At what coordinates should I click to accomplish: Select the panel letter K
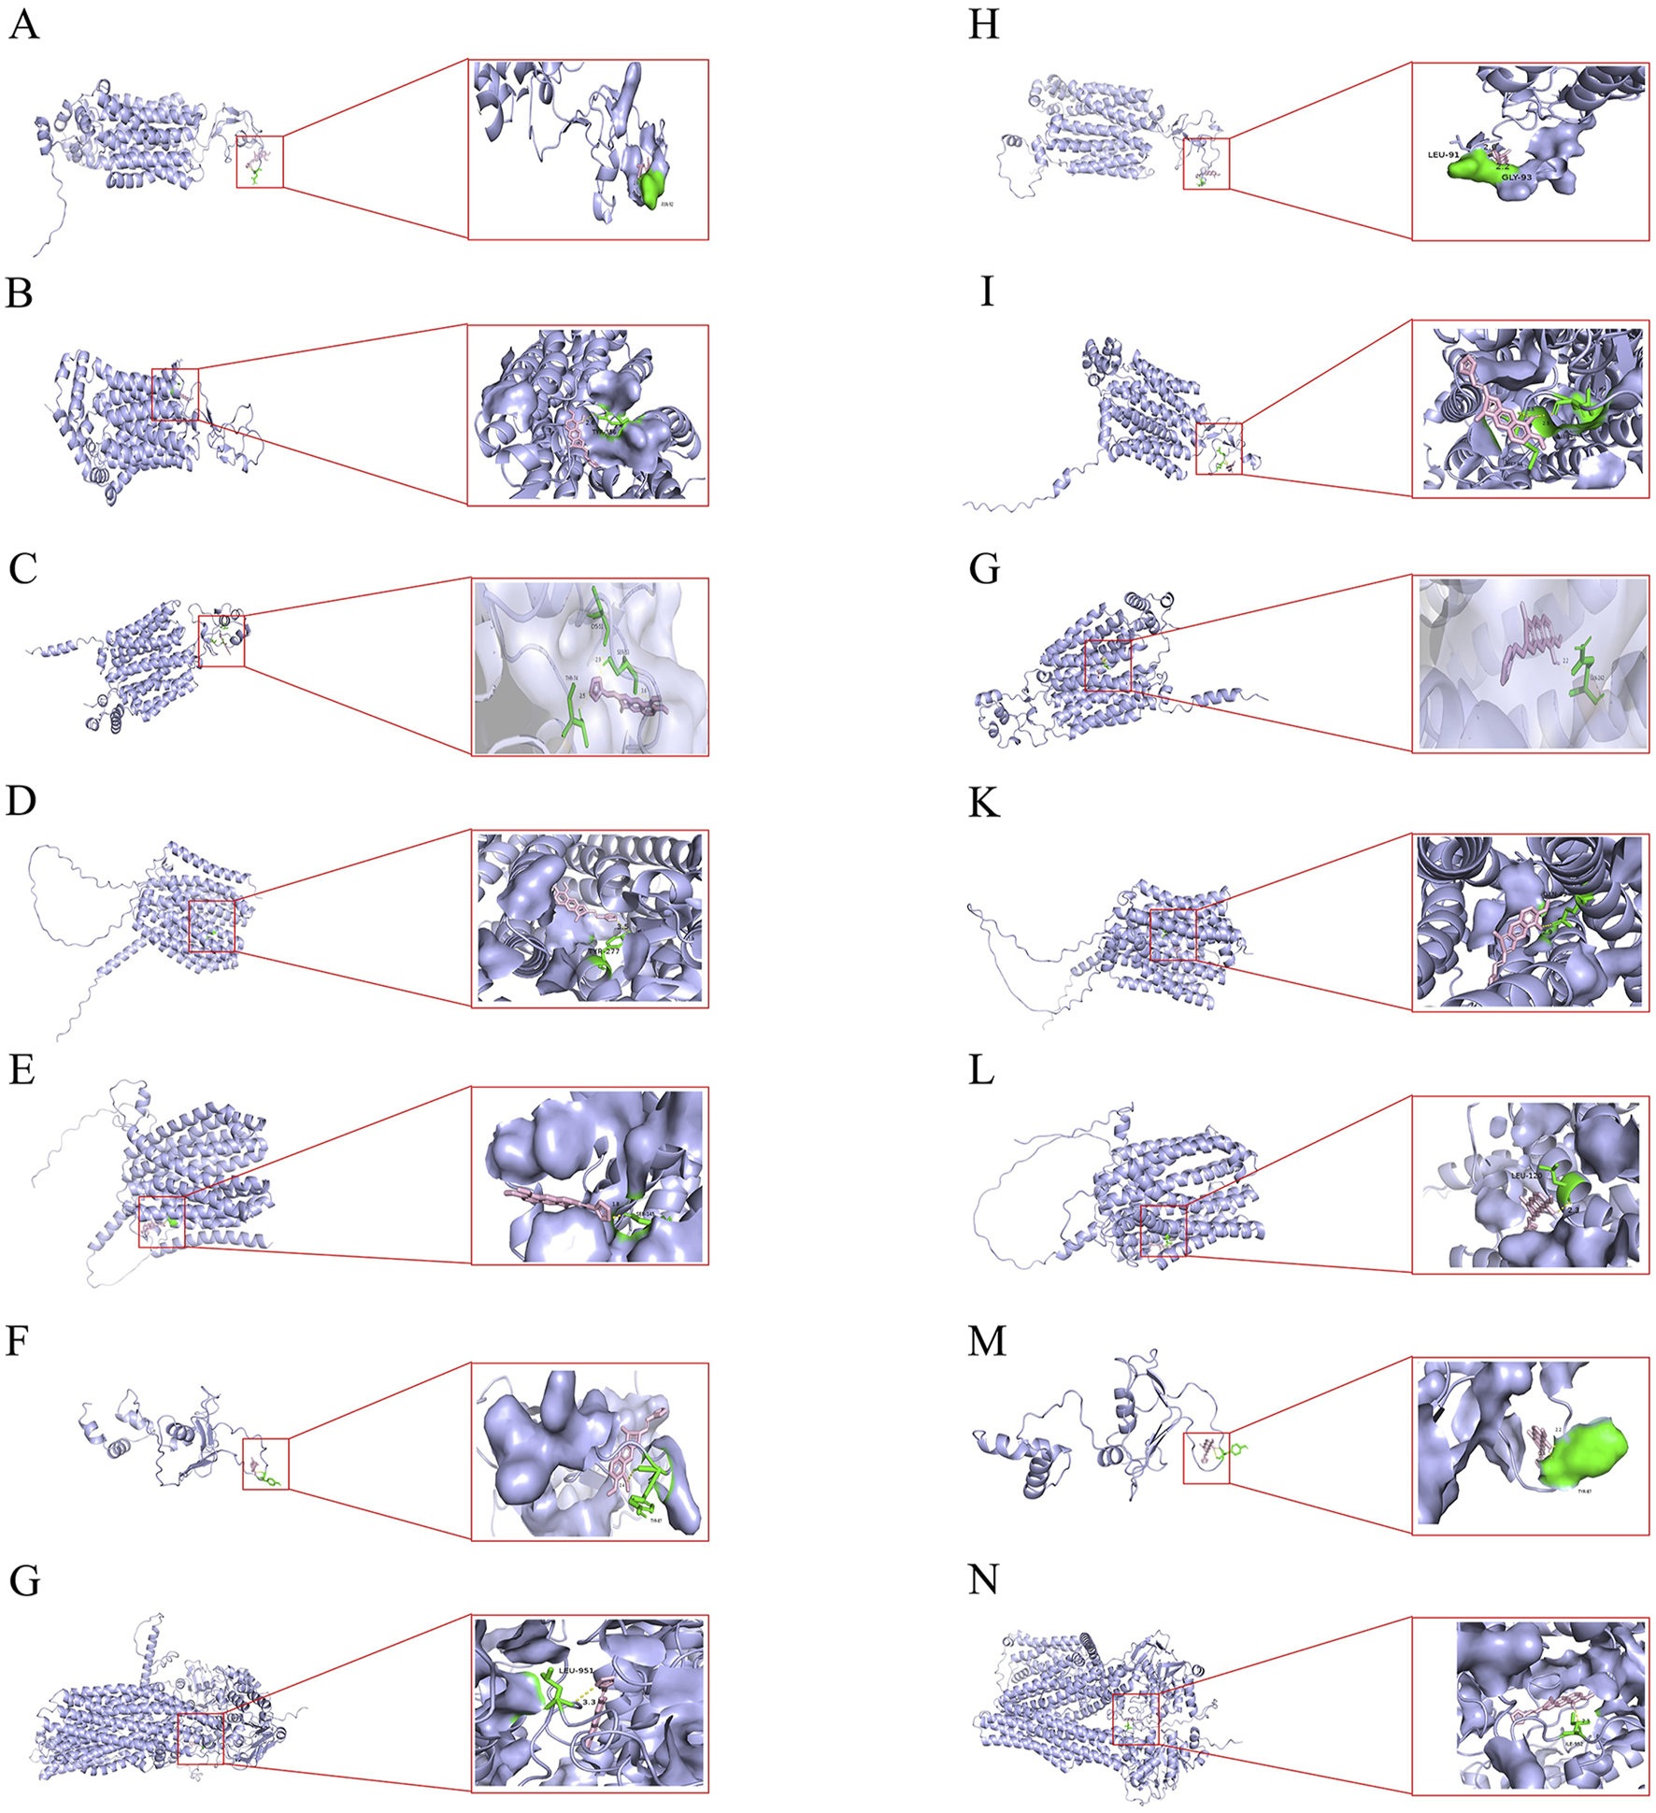point(984,803)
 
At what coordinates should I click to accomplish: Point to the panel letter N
point(984,1579)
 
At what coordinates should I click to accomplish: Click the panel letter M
point(987,1341)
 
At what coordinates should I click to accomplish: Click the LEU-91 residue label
point(1443,154)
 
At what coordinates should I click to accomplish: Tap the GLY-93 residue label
point(1517,176)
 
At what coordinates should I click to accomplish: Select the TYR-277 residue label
point(603,950)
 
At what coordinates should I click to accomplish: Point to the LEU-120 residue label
point(1526,1176)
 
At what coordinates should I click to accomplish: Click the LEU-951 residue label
point(576,1670)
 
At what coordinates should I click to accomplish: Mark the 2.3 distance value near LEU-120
point(1573,1209)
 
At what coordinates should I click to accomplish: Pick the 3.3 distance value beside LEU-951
point(589,1703)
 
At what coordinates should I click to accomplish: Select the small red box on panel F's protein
point(265,1463)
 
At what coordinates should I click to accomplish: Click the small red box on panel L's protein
point(1163,1230)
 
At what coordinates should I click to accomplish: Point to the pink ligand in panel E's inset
point(556,1197)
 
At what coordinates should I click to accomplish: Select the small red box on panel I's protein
point(1219,448)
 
